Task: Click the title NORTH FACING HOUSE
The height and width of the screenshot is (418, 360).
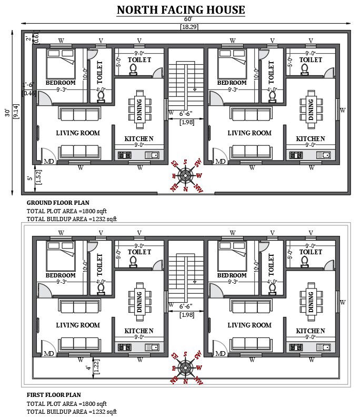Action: pos(181,9)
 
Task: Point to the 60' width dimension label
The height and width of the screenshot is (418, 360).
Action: pos(188,20)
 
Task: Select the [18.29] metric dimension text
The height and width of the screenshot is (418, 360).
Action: pos(189,26)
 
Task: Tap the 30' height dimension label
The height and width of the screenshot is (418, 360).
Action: pos(7,112)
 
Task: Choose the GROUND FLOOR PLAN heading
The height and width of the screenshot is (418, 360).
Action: pos(58,203)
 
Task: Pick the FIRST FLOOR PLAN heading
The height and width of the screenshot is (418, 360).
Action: pos(54,394)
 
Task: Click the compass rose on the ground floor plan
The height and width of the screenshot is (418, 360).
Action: pos(186,176)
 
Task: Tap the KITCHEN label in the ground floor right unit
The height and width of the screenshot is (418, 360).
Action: pos(311,139)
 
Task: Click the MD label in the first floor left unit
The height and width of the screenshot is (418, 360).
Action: pos(49,353)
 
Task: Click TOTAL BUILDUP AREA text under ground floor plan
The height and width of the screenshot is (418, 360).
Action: pos(72,219)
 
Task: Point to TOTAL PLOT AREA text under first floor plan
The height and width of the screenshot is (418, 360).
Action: pos(66,403)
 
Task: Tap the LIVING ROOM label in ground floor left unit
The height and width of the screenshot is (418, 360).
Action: pos(78,133)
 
